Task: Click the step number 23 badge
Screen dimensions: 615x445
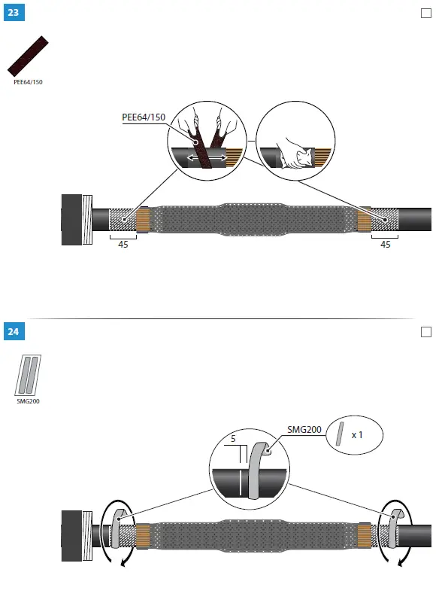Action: click(x=13, y=13)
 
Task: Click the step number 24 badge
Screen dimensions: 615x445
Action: click(x=13, y=331)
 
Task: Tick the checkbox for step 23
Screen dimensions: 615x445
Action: click(x=426, y=13)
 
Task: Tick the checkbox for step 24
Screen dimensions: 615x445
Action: click(x=426, y=331)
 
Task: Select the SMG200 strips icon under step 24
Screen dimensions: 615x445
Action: click(x=29, y=374)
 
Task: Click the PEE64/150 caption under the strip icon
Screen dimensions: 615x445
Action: click(x=29, y=82)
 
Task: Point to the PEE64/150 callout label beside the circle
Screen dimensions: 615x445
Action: click(x=144, y=117)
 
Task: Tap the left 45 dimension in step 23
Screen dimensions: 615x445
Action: click(x=123, y=245)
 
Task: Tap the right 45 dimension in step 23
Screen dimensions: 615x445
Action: click(x=385, y=245)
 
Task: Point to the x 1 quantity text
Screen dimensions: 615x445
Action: click(x=359, y=435)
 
